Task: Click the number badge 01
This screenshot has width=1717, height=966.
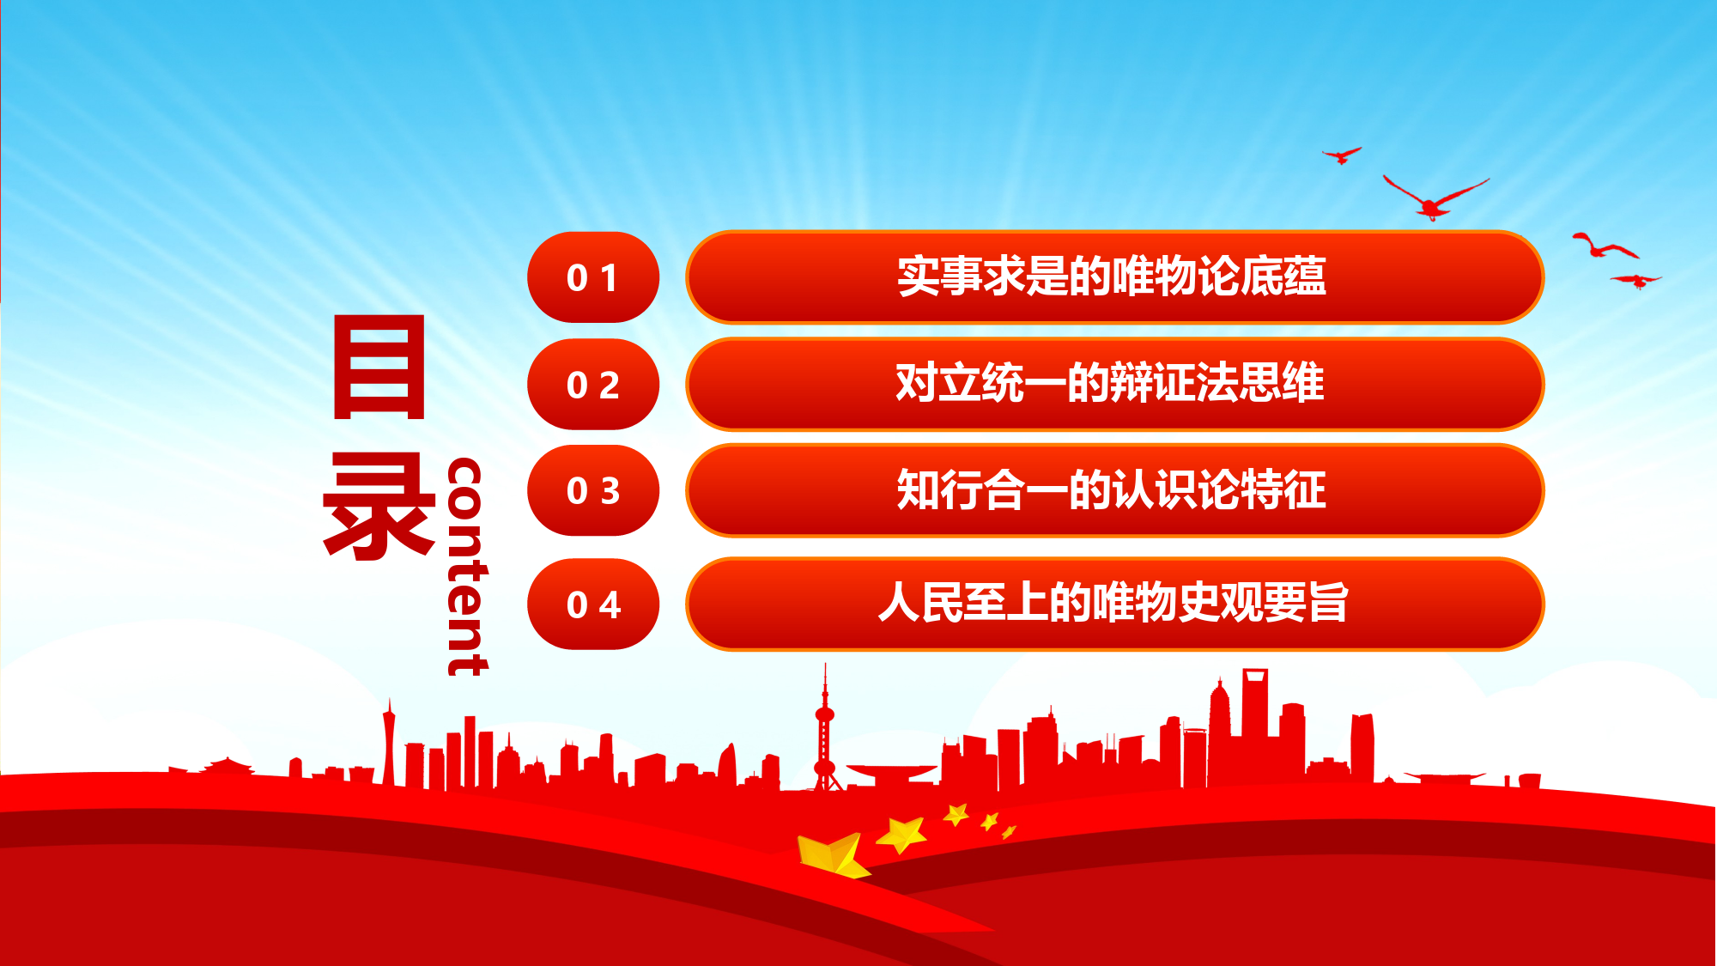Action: pyautogui.click(x=593, y=277)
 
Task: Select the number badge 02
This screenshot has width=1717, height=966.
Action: pyautogui.click(x=593, y=384)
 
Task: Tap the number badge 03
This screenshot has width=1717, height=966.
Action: pyautogui.click(x=593, y=490)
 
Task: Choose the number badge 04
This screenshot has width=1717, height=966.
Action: pyautogui.click(x=593, y=605)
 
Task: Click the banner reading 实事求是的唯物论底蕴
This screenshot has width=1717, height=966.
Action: pyautogui.click(x=1114, y=276)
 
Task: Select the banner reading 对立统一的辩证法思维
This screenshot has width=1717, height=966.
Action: pyautogui.click(x=1114, y=383)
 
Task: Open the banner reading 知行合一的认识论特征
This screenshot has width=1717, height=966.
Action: pyautogui.click(x=1114, y=490)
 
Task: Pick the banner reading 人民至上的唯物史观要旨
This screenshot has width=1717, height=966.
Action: pyautogui.click(x=1114, y=604)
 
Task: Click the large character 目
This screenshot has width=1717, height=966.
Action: pyautogui.click(x=379, y=367)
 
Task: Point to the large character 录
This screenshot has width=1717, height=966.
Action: pyautogui.click(x=379, y=506)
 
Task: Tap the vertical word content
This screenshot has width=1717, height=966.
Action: pyautogui.click(x=467, y=567)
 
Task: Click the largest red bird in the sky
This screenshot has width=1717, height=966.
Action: pyautogui.click(x=1435, y=198)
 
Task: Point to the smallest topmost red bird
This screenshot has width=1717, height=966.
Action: pyautogui.click(x=1342, y=155)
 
